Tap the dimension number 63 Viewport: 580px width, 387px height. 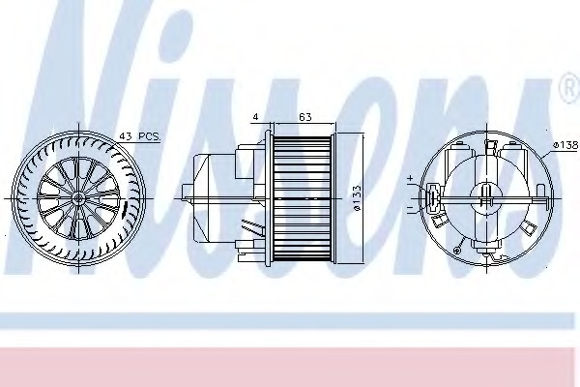(x=304, y=117)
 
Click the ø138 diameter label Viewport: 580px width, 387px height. (x=564, y=145)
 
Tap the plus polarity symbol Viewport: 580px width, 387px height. (x=411, y=178)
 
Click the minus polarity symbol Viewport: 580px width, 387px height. (x=411, y=207)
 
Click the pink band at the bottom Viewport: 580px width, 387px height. (x=290, y=363)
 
